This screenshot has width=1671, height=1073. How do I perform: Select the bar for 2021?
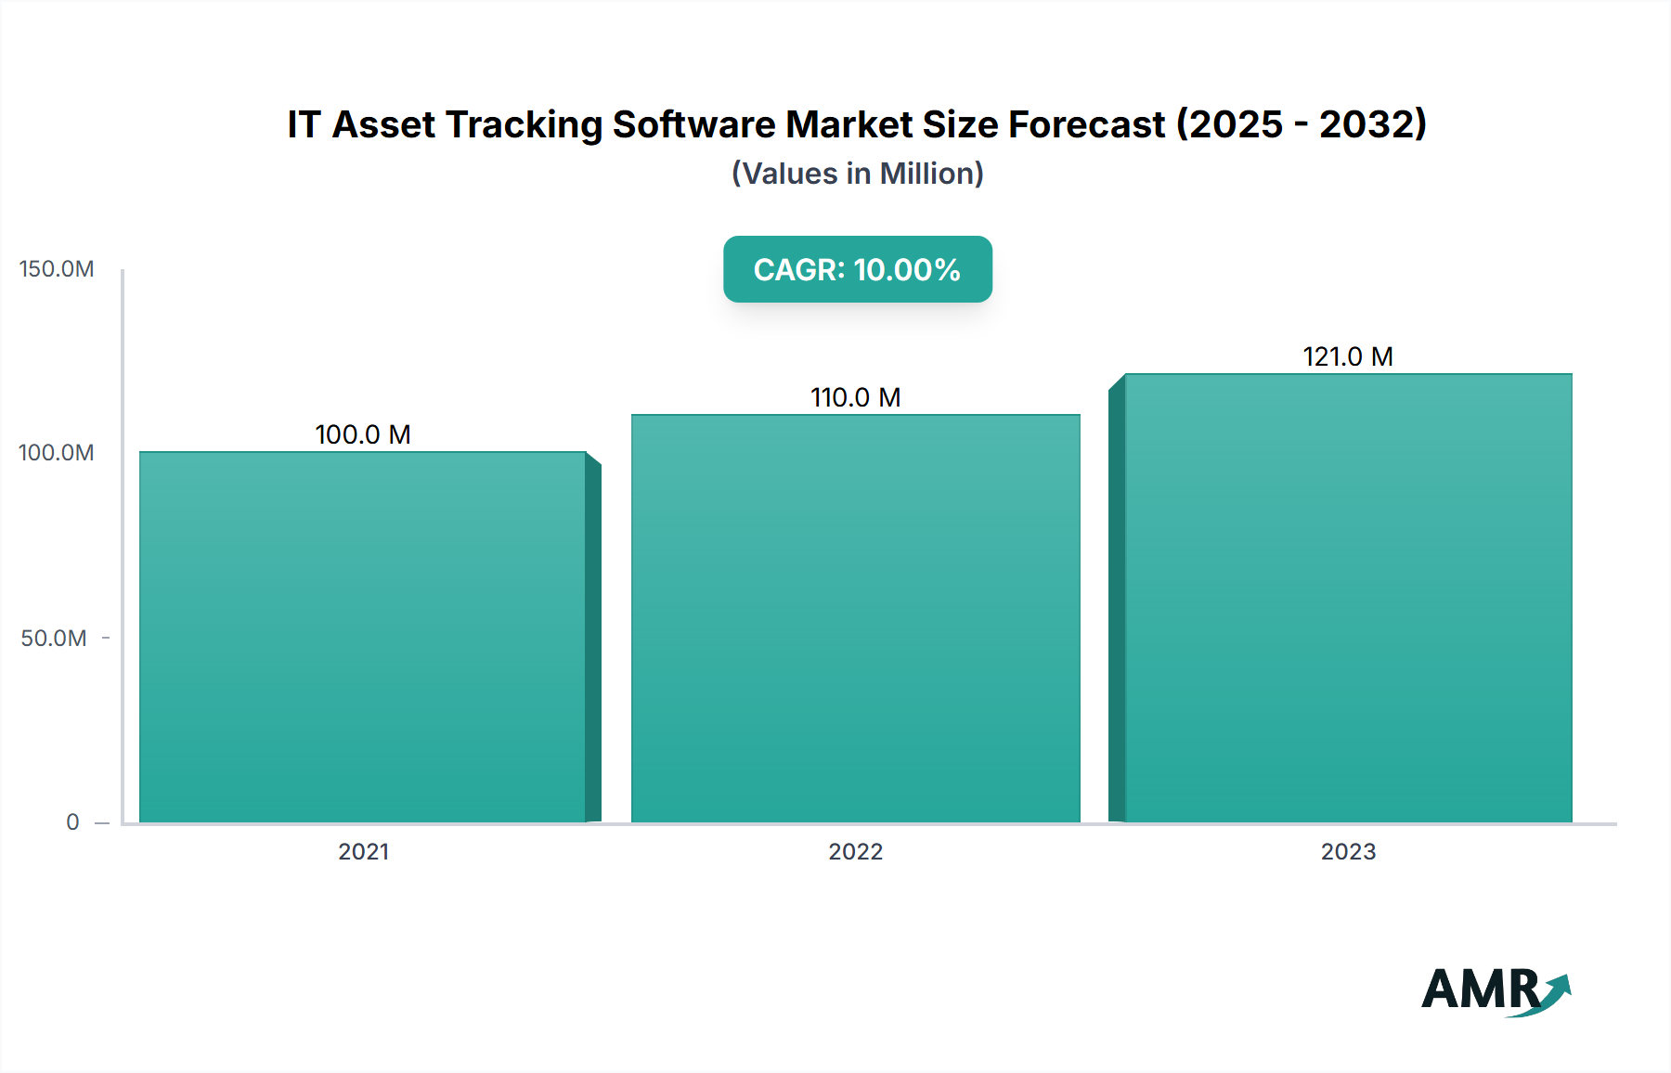(x=363, y=637)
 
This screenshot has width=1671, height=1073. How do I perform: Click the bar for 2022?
(x=855, y=618)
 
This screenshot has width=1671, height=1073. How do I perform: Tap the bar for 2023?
(x=1348, y=598)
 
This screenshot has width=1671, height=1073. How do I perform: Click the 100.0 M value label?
(x=363, y=434)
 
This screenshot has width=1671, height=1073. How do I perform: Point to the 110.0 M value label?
(x=855, y=397)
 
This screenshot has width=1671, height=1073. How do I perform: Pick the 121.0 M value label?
(x=1348, y=356)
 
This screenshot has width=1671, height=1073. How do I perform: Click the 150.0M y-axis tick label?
(x=57, y=269)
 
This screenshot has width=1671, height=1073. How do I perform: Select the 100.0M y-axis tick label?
(x=57, y=453)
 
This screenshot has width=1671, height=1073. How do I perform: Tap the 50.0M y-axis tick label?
(x=54, y=639)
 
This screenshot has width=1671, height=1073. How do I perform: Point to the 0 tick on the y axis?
(x=72, y=821)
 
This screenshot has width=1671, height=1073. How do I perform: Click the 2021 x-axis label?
(x=363, y=851)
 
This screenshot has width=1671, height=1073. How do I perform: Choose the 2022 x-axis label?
(x=855, y=851)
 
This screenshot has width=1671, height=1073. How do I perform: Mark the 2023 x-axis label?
(x=1348, y=851)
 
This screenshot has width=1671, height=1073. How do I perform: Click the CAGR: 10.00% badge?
(x=857, y=269)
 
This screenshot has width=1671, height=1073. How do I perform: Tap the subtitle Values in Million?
(x=857, y=174)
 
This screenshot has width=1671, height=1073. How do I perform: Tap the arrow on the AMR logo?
(x=1556, y=991)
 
